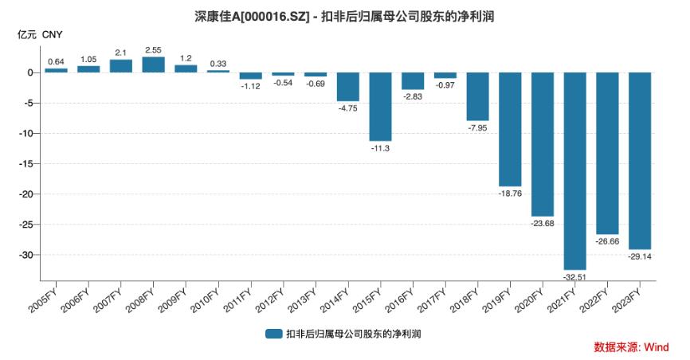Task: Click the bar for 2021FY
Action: (x=574, y=170)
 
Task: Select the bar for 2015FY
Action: (x=380, y=107)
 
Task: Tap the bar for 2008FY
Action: (x=153, y=65)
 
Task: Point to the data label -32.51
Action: (x=574, y=276)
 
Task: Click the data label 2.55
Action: (x=153, y=49)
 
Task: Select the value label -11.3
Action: (x=380, y=148)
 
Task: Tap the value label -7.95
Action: (x=477, y=127)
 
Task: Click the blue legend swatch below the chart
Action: (x=275, y=334)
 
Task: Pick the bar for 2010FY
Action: (x=218, y=71)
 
